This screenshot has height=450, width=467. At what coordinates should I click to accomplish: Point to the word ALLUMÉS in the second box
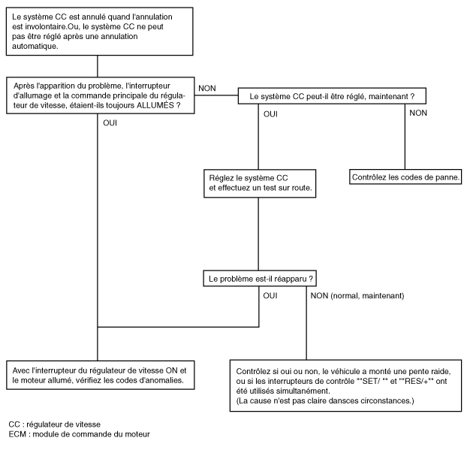coord(155,105)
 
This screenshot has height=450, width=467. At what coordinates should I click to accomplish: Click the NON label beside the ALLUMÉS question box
coord(207,88)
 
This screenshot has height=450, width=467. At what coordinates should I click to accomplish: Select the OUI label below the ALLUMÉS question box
coord(110,122)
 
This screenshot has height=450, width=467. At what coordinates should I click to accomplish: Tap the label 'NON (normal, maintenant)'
coord(357,296)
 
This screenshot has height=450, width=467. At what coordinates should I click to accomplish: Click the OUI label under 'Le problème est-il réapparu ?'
coord(270,296)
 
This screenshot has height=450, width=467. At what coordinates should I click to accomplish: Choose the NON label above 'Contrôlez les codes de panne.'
coord(418,113)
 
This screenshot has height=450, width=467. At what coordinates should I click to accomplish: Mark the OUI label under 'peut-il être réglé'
coord(270,114)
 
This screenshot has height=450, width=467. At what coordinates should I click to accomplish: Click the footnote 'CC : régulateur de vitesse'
coord(55,424)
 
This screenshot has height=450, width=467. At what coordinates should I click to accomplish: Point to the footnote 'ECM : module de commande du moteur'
coord(80,434)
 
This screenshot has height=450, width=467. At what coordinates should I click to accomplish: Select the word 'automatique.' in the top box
coord(35,46)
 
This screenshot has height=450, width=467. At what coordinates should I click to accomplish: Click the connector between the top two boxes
coord(98,66)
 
